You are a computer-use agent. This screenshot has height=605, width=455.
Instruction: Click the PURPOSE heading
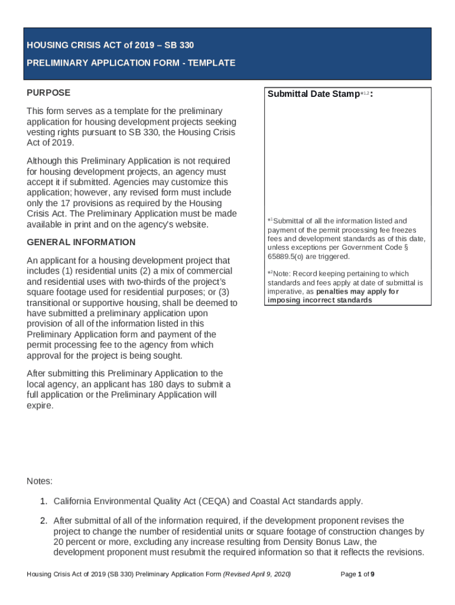tap(48, 93)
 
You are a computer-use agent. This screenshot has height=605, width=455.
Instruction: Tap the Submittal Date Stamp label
tap(313, 95)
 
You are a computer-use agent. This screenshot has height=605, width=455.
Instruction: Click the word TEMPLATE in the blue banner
tap(211, 63)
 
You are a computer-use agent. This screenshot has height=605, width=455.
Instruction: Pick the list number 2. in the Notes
tap(43, 521)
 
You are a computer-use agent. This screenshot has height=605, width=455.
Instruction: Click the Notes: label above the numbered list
tap(40, 481)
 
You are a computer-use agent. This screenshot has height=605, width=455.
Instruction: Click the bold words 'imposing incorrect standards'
tap(320, 300)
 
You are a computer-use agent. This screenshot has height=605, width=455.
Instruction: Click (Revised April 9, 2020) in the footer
tap(256, 574)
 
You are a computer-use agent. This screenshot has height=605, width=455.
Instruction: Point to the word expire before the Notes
tap(40, 406)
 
